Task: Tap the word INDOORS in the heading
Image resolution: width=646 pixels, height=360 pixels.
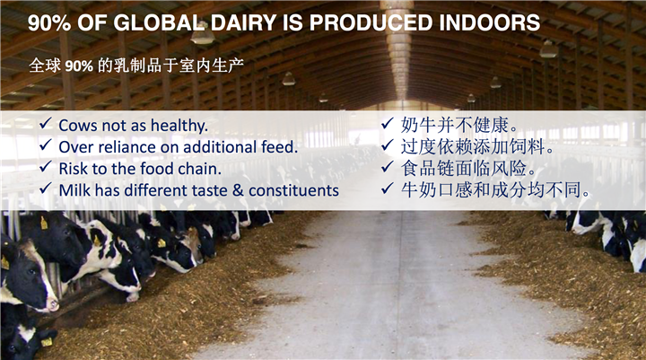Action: (x=490, y=22)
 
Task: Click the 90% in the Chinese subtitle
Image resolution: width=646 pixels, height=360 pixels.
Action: (x=79, y=66)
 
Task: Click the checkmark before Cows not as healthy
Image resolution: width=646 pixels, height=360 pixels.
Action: (x=46, y=123)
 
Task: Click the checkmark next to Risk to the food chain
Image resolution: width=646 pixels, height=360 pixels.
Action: (x=46, y=166)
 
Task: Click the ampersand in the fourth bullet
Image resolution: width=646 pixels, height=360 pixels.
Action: (x=238, y=190)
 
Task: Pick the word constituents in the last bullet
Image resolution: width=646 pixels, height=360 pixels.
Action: (x=293, y=190)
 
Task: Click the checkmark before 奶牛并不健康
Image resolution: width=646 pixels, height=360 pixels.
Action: (x=388, y=123)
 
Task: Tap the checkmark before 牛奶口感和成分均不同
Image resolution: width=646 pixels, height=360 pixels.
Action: (x=388, y=188)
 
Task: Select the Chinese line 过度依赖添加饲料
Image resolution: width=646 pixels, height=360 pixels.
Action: (x=478, y=146)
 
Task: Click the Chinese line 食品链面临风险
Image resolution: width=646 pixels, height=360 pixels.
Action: (x=469, y=168)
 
